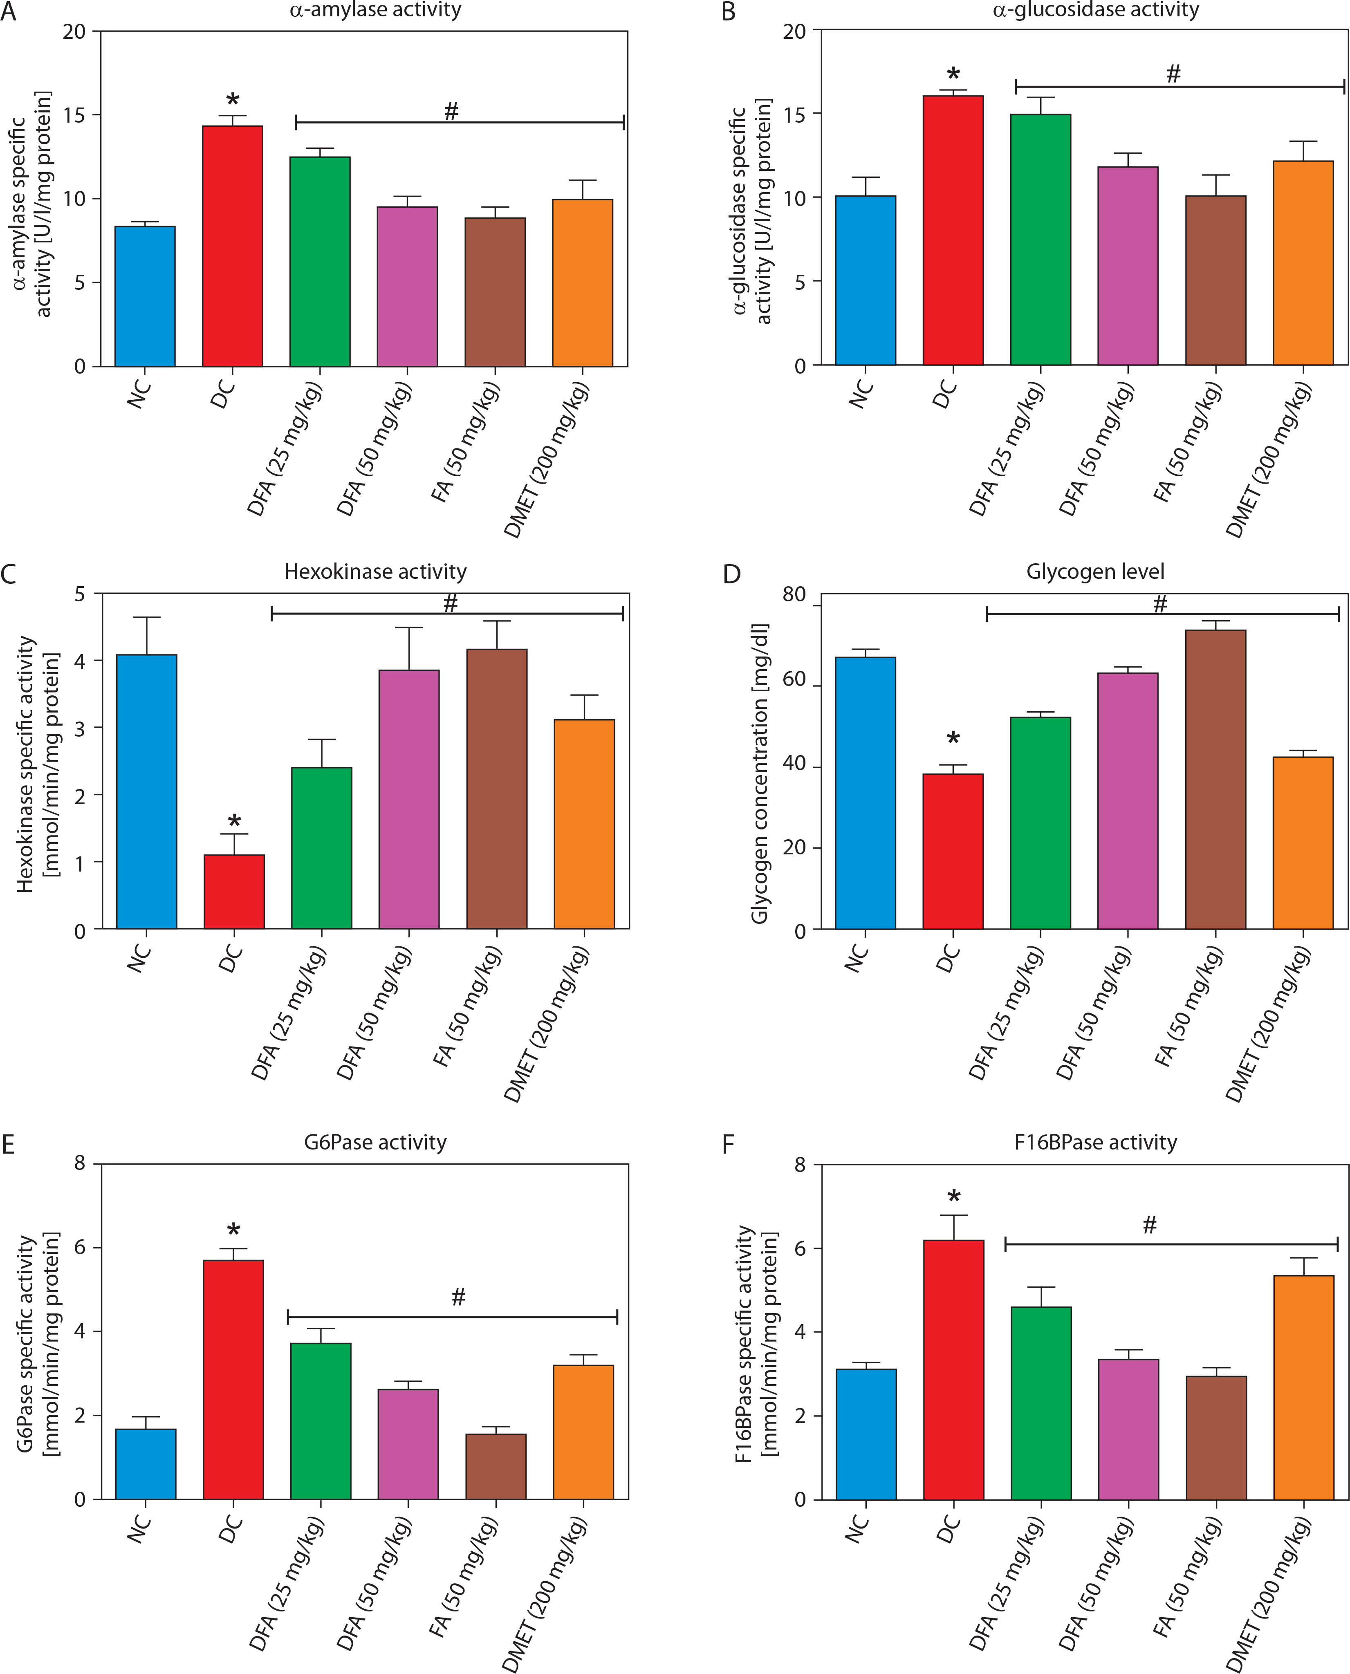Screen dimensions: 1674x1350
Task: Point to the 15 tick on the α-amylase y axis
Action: click(76, 115)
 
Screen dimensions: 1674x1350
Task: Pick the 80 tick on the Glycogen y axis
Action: click(794, 595)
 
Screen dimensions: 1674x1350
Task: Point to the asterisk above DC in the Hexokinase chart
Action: click(234, 822)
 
